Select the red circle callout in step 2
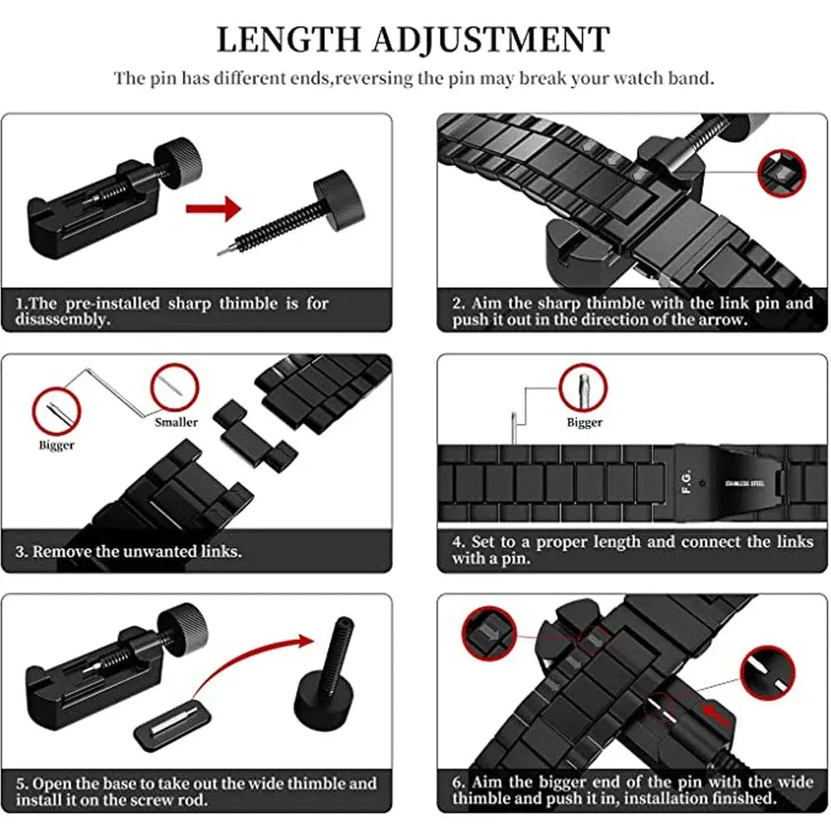pos(782,173)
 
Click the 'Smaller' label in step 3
pos(176,422)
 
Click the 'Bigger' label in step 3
pos(57,445)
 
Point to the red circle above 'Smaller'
pos(175,389)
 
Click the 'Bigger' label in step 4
pos(584,422)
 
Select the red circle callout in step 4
pos(583,388)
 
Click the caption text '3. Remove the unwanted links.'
pos(129,551)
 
